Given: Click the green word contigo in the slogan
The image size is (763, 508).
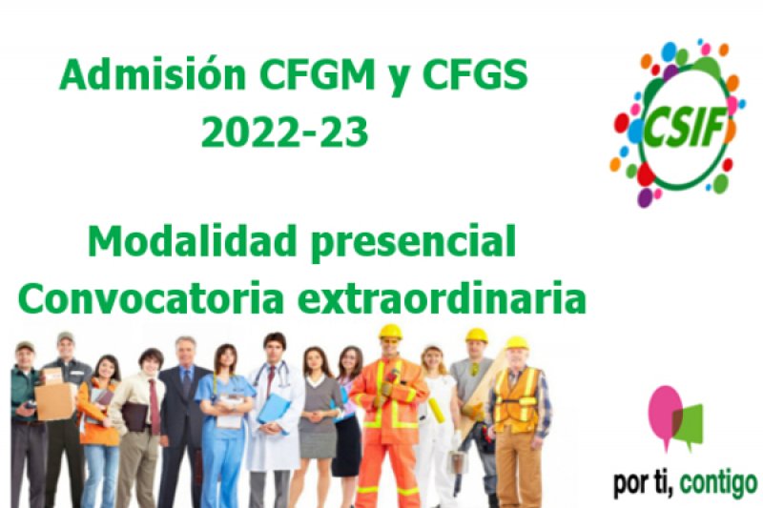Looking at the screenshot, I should tap(718, 482).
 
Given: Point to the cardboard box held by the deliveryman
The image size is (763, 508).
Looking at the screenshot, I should tap(55, 400).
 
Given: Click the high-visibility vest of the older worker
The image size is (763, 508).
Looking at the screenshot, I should tap(518, 400).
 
